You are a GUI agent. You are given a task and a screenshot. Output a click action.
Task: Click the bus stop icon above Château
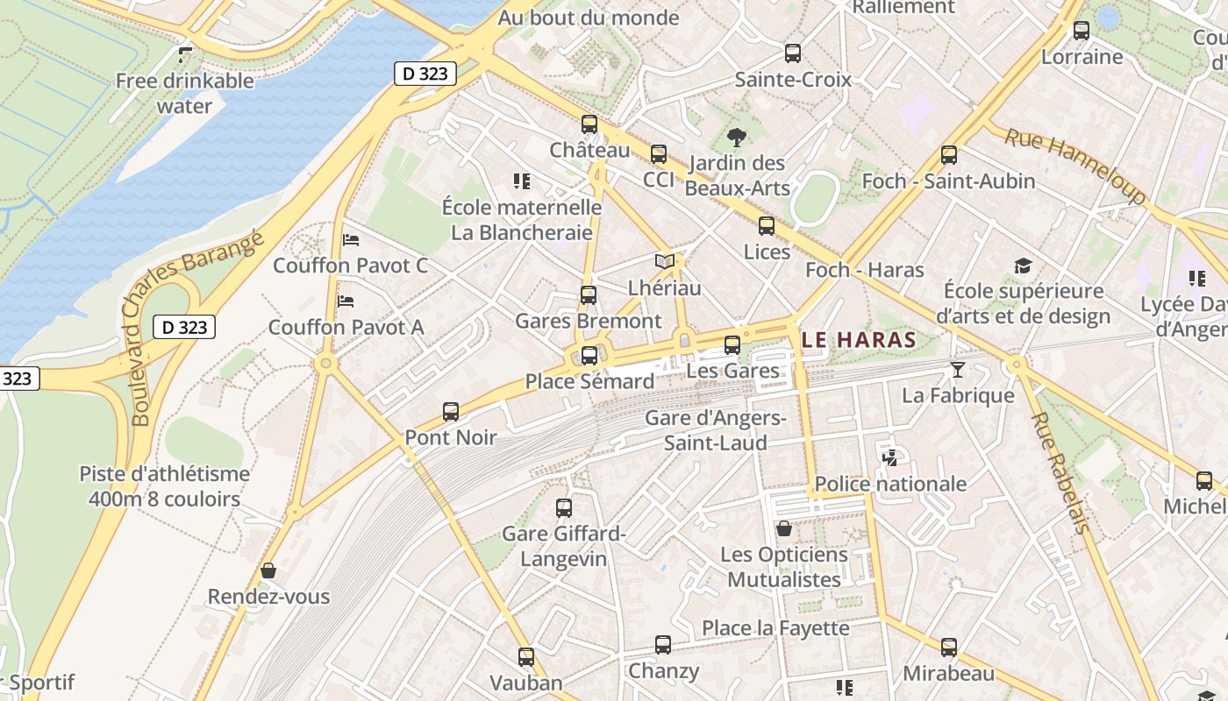pyautogui.click(x=589, y=124)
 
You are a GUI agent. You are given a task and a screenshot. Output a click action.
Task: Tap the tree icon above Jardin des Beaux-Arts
pyautogui.click(x=737, y=137)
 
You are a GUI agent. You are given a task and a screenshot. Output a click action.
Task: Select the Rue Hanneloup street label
pyautogui.click(x=1074, y=166)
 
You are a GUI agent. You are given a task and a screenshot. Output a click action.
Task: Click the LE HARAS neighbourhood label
pyautogui.click(x=859, y=340)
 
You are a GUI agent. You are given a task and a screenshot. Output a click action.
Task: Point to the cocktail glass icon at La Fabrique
pyautogui.click(x=957, y=370)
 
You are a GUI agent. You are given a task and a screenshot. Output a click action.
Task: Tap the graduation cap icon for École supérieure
pyautogui.click(x=1023, y=266)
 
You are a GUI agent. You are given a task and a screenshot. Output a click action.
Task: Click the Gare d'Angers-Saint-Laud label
pyautogui.click(x=716, y=429)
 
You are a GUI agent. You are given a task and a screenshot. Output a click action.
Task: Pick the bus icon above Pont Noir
pyautogui.click(x=451, y=411)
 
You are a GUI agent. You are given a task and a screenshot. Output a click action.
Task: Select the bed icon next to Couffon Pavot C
pyautogui.click(x=351, y=239)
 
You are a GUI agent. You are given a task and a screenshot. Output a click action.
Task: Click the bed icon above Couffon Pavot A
pyautogui.click(x=346, y=301)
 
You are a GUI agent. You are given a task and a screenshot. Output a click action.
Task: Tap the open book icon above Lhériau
pyautogui.click(x=665, y=261)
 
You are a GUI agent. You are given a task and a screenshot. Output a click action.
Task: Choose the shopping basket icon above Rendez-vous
pyautogui.click(x=268, y=570)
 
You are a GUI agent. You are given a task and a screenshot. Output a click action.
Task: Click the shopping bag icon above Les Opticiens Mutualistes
pyautogui.click(x=784, y=528)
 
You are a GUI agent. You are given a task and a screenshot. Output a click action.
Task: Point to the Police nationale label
pyautogui.click(x=890, y=484)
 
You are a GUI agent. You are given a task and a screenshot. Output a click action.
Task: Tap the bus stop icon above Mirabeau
pyautogui.click(x=948, y=648)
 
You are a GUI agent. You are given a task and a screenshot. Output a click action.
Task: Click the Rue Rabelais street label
pyautogui.click(x=1060, y=472)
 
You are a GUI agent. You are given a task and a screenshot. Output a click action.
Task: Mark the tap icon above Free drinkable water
pyautogui.click(x=184, y=55)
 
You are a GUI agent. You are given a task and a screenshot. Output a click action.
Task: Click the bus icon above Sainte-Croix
pyautogui.click(x=793, y=53)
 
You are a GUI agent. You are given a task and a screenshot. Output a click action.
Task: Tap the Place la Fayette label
pyautogui.click(x=775, y=628)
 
